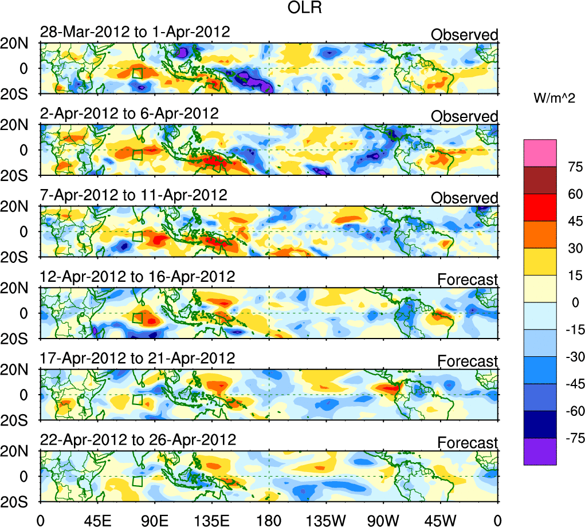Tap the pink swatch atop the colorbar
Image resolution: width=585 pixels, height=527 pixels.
point(540,153)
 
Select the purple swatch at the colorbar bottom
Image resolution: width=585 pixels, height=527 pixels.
point(540,451)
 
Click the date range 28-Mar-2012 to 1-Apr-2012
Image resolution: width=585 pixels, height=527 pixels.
point(135,32)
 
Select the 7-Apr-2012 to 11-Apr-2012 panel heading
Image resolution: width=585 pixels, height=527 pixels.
point(134,195)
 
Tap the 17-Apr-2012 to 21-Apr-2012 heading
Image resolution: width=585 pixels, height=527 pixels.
point(138,359)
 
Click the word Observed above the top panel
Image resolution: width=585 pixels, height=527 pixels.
point(465,35)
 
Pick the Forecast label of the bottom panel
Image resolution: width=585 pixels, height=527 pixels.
point(468,443)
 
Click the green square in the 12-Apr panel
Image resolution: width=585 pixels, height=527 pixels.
point(138,318)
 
